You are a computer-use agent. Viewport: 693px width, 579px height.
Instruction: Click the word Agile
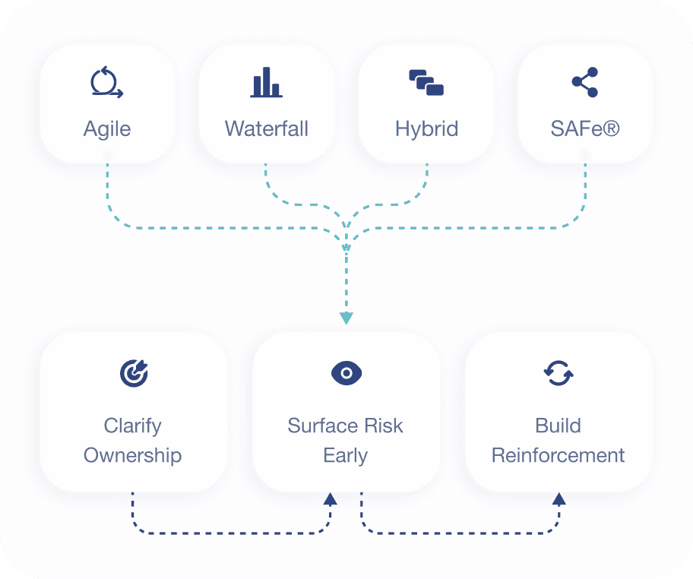[x=107, y=128]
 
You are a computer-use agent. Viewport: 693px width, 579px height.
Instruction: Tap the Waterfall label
[x=267, y=128]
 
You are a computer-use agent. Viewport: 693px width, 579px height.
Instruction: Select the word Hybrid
[x=426, y=128]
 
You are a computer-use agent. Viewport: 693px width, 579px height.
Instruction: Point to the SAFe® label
[x=585, y=128]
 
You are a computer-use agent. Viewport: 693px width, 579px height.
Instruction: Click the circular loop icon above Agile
[x=106, y=82]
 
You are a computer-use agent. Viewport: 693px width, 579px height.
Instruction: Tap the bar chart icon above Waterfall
[x=266, y=82]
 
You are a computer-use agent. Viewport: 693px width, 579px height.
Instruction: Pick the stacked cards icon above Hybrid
[x=426, y=82]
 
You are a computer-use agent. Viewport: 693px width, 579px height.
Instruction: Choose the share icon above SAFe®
[x=585, y=82]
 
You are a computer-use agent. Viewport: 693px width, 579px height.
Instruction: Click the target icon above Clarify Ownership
[x=134, y=373]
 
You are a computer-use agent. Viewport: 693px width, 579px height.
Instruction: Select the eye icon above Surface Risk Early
[x=346, y=373]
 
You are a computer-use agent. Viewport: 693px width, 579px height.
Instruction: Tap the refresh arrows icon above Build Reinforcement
[x=559, y=373]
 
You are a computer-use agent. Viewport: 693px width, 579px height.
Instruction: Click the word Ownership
[x=133, y=456]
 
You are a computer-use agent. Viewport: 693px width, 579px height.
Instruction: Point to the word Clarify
[x=133, y=426]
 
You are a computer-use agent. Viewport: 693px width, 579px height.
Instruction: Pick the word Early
[x=346, y=456]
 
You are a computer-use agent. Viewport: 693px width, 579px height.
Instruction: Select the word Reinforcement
[x=559, y=456]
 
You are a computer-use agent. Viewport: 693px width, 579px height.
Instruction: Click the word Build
[x=559, y=426]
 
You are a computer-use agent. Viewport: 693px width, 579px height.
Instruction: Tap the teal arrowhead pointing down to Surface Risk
[x=346, y=318]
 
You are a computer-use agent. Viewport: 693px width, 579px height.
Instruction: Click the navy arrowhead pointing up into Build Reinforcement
[x=559, y=499]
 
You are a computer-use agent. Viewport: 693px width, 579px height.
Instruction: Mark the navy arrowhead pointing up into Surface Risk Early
[x=330, y=499]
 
